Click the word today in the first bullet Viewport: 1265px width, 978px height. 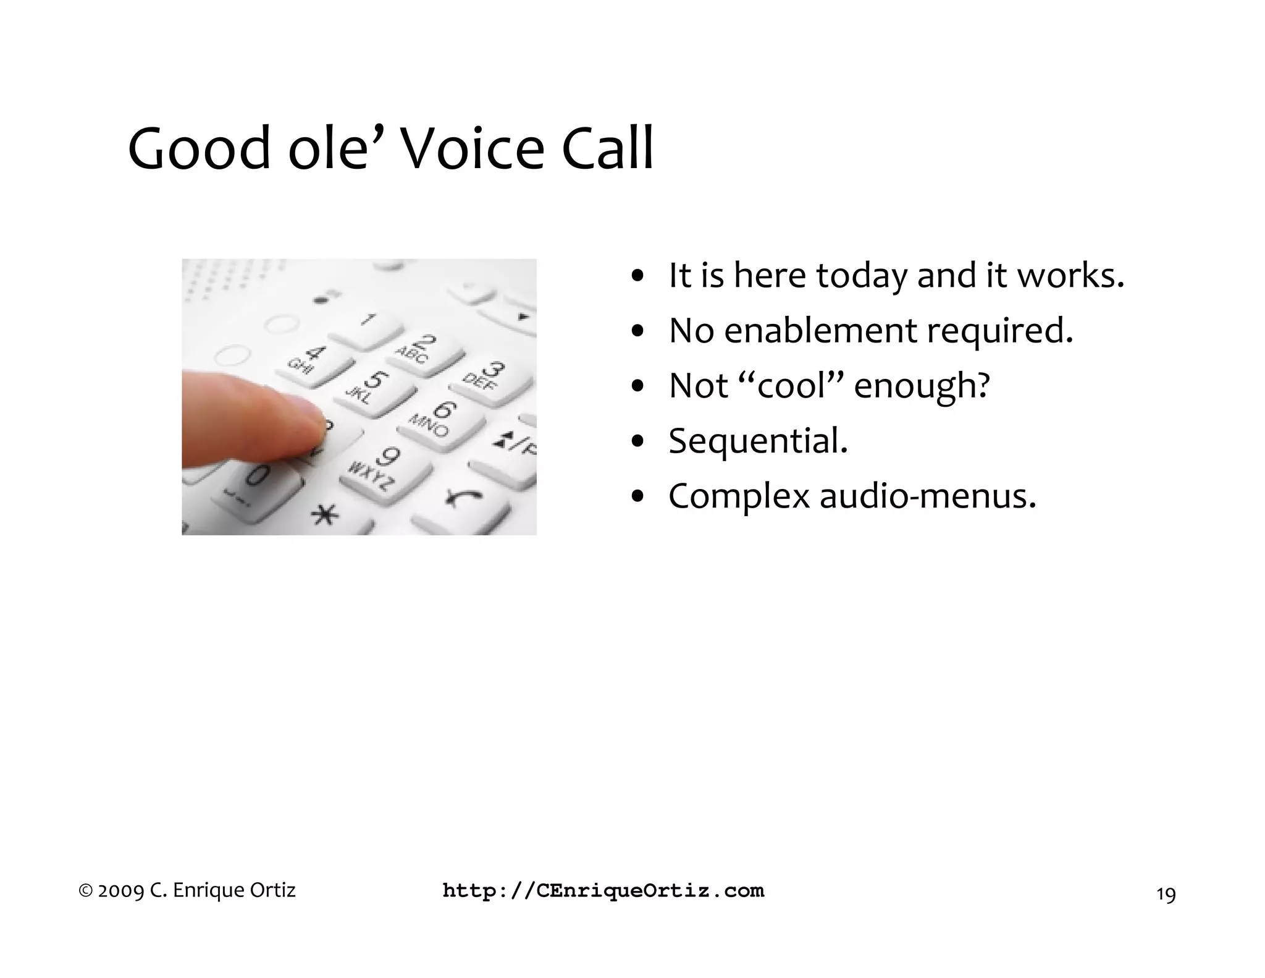tap(862, 276)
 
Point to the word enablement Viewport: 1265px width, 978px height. tap(820, 331)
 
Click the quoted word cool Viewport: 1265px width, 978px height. tap(792, 385)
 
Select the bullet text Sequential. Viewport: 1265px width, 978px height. tap(758, 441)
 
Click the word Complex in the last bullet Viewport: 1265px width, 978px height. tap(739, 496)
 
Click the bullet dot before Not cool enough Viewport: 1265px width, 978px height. tap(639, 387)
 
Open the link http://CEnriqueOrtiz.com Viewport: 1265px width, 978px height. tap(603, 891)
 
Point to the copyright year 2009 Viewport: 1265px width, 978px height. tap(121, 891)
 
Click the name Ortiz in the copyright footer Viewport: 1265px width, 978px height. tap(272, 890)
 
